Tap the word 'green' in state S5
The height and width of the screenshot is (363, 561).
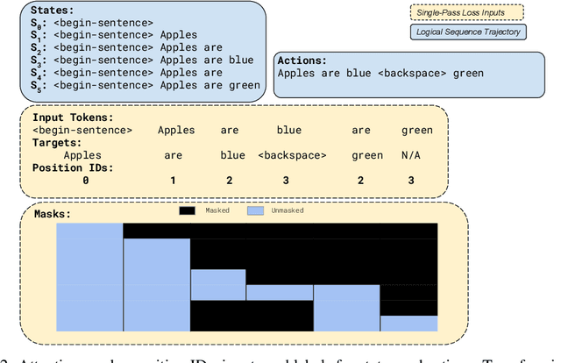click(x=242, y=85)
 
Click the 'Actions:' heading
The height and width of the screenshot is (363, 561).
click(x=303, y=60)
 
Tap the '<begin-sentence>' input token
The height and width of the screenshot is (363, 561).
click(x=82, y=130)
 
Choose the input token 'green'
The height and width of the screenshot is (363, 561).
click(x=416, y=130)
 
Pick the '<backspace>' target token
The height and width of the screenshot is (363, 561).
click(x=293, y=155)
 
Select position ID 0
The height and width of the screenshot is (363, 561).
click(x=85, y=181)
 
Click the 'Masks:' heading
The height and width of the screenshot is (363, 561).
click(x=53, y=213)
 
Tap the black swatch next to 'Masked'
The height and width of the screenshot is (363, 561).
click(x=188, y=211)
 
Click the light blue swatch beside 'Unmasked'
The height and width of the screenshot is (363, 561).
click(x=255, y=211)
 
